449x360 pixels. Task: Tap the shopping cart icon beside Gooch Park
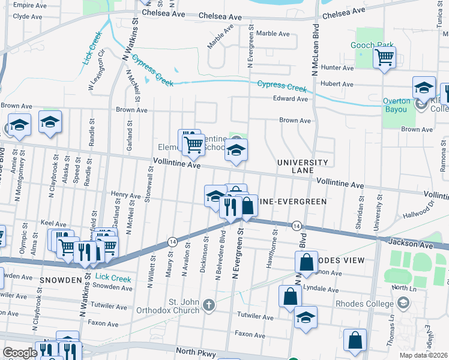pos(384,58)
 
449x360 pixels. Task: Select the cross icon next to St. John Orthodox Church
pos(209,305)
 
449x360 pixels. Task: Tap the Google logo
pos(20,353)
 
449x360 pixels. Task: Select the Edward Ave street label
pos(290,99)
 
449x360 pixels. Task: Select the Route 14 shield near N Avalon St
pos(172,241)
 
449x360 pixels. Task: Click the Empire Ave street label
pos(29,5)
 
